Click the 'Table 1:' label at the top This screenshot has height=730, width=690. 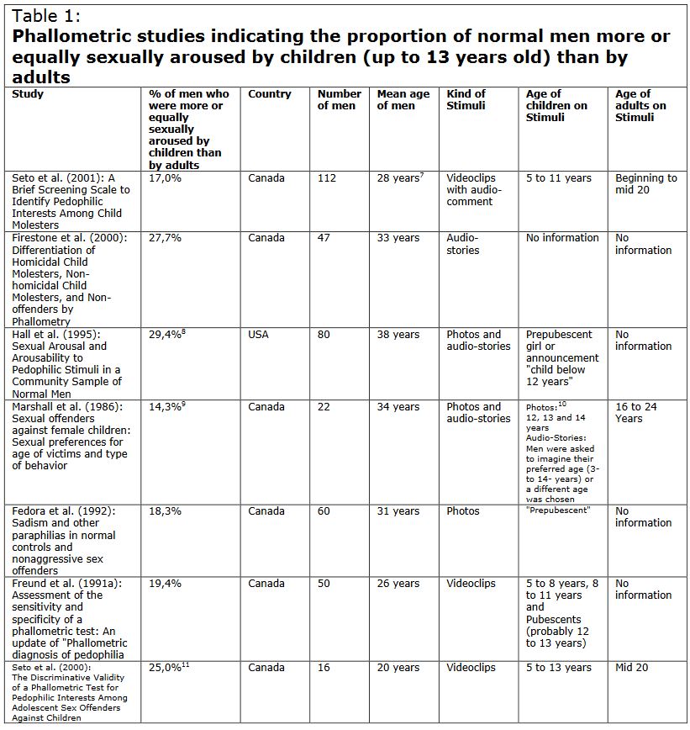(45, 16)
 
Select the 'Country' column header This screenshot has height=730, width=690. (269, 94)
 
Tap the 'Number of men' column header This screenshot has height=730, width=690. (339, 100)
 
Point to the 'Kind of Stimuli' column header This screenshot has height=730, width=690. (466, 100)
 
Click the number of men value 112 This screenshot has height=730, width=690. (326, 178)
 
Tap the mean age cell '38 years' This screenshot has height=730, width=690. (398, 335)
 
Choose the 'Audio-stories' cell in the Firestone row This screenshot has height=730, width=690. (462, 244)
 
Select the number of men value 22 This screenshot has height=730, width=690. (324, 407)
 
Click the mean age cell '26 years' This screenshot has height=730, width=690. (398, 584)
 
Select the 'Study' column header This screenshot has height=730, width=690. (28, 94)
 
